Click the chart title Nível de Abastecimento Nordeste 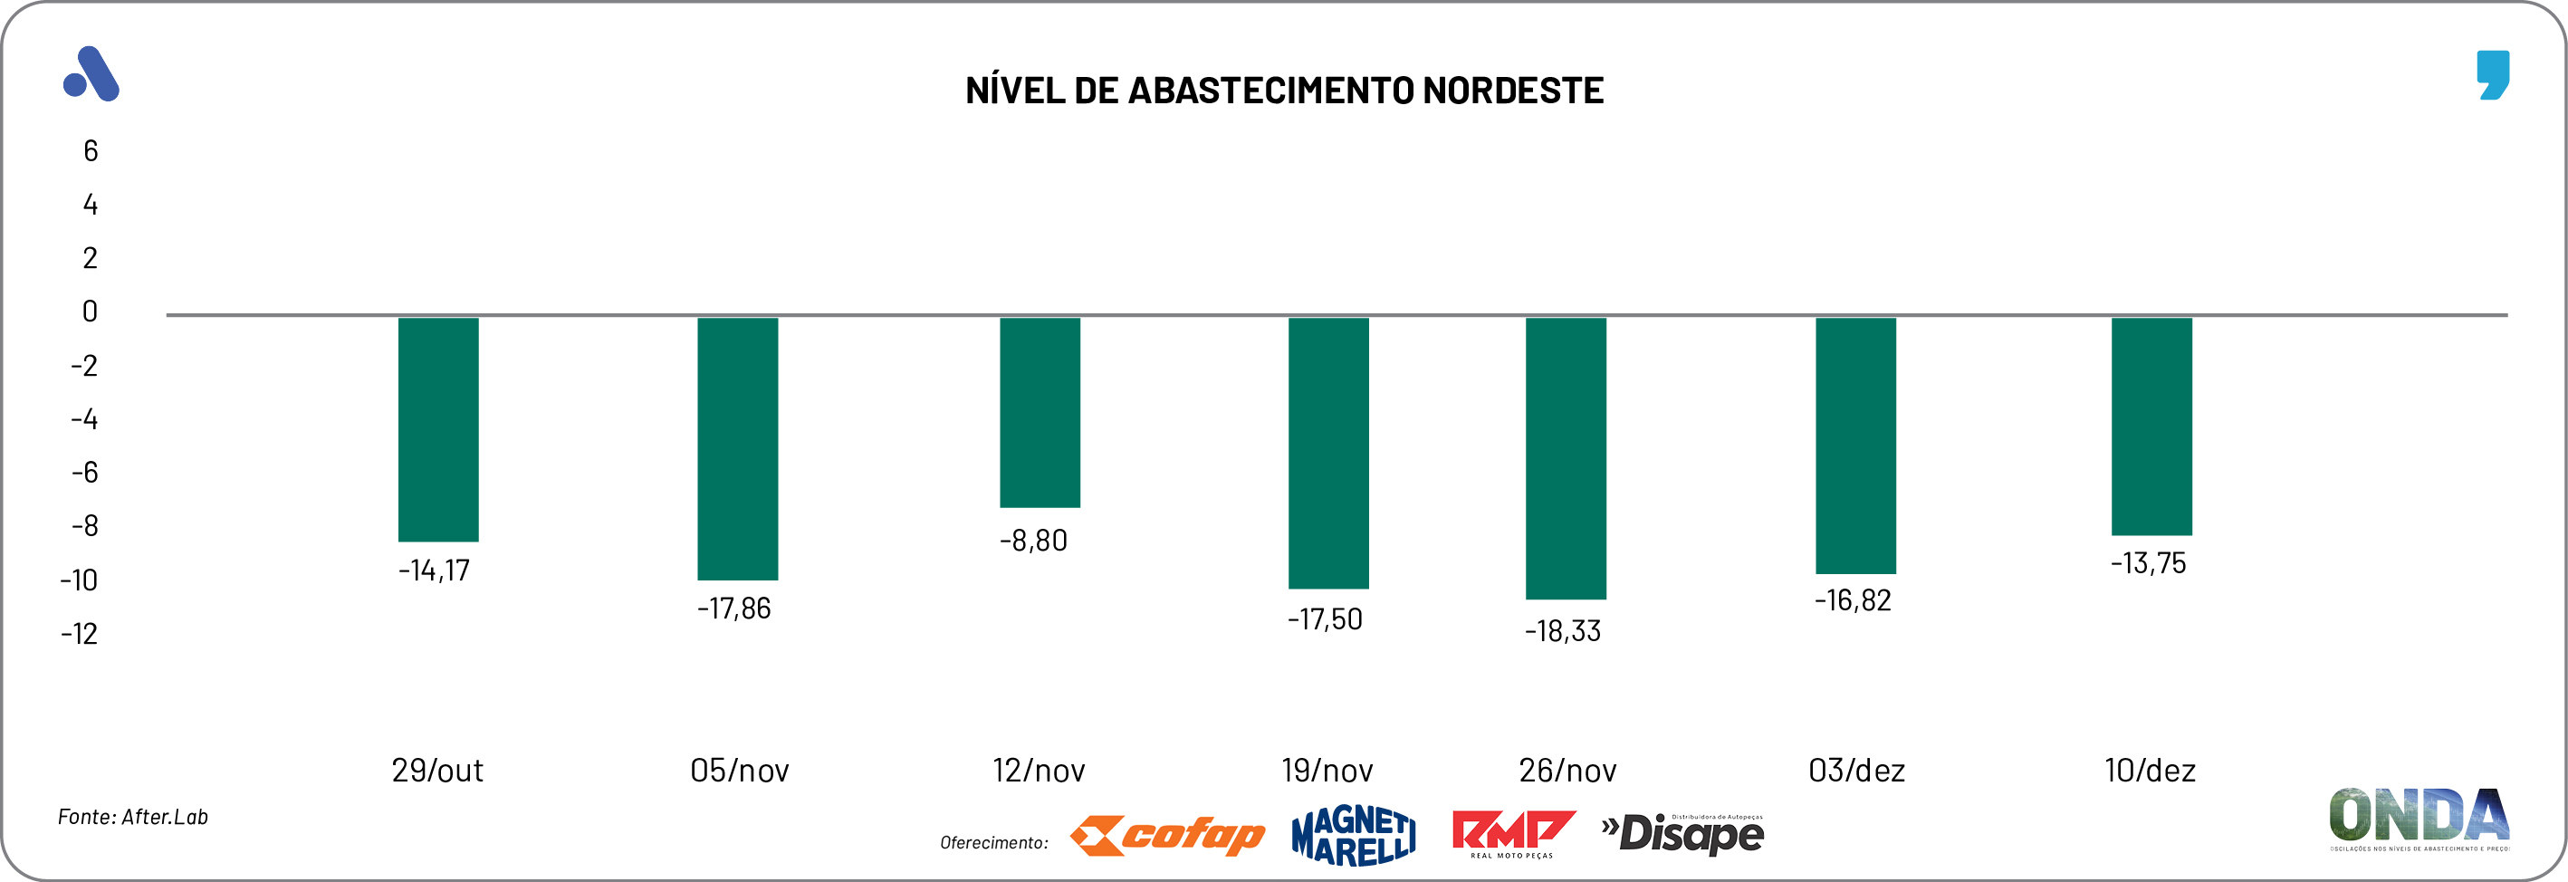[1284, 91]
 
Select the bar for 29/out [437, 429]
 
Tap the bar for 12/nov [1040, 412]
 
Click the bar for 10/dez [2151, 426]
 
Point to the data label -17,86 [733, 608]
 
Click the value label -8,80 [1033, 541]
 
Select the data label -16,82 [1853, 600]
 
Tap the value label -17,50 [1324, 618]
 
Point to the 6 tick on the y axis [91, 151]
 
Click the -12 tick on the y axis [80, 634]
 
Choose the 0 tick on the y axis [90, 312]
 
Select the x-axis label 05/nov [739, 771]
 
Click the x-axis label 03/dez [1856, 771]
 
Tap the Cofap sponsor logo [1167, 835]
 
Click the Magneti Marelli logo [1353, 835]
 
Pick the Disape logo [1682, 833]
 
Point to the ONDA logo [2419, 819]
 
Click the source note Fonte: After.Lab [132, 817]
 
